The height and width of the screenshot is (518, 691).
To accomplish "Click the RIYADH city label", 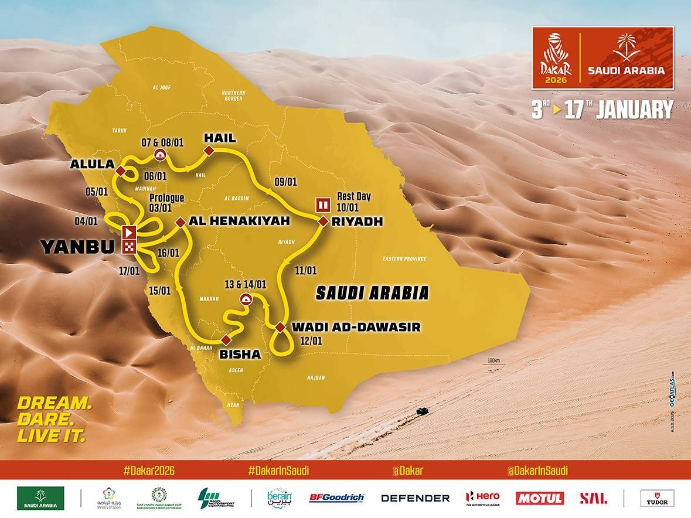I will point(356,222).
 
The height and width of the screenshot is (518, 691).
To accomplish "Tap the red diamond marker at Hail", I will point(207,152).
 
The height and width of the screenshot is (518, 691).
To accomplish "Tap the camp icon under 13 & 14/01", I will point(246,299).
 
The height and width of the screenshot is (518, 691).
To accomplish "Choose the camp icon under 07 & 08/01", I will point(159,154).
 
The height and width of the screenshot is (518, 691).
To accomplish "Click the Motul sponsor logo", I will point(539,498).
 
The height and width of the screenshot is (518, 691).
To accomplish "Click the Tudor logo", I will point(656,498).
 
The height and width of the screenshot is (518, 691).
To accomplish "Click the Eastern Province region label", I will point(404,258).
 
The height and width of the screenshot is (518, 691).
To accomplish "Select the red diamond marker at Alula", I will point(120,171).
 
